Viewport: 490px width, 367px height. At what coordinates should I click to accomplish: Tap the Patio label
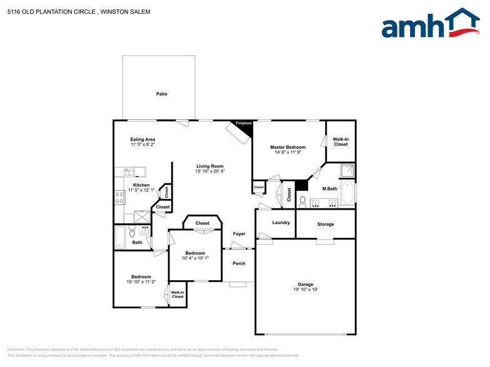(x=161, y=94)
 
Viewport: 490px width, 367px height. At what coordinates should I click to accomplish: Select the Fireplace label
(x=244, y=124)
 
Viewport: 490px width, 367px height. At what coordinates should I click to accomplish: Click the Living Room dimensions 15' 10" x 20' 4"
(x=210, y=171)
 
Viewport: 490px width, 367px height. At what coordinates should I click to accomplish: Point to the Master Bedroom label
(x=287, y=147)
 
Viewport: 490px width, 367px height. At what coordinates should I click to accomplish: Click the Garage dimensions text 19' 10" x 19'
(x=306, y=289)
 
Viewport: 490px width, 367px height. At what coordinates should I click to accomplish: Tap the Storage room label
(x=325, y=224)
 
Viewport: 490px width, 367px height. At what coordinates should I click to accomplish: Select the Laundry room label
(x=281, y=222)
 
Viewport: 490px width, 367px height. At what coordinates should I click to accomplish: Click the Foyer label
(x=239, y=234)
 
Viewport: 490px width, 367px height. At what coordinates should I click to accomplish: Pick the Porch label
(x=239, y=263)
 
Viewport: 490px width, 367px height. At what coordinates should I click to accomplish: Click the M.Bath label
(x=330, y=189)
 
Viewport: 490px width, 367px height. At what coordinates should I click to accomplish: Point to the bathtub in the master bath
(x=348, y=193)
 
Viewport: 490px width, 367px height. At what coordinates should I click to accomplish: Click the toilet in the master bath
(x=302, y=201)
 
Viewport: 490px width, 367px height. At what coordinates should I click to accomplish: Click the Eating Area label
(x=142, y=139)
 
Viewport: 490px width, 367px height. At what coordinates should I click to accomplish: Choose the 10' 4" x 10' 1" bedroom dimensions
(x=195, y=258)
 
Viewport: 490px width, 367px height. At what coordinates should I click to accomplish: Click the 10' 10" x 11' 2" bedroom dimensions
(x=141, y=281)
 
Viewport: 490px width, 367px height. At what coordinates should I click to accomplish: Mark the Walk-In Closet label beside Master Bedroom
(x=341, y=142)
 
